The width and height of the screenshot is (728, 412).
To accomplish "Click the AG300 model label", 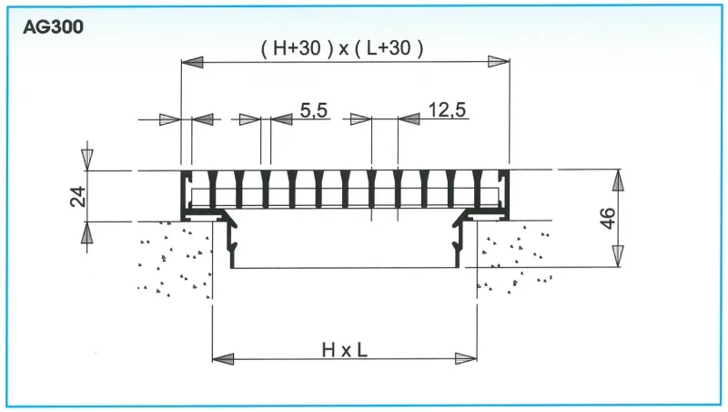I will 55,27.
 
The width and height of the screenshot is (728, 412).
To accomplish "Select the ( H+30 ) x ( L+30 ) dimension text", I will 342,49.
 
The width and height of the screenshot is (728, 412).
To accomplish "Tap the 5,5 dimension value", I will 313,111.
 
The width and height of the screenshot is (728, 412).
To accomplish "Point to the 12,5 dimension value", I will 446,111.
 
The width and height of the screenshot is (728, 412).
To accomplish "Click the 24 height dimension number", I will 78,196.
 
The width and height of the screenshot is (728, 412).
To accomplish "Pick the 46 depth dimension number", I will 609,218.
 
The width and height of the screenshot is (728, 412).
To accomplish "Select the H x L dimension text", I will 345,349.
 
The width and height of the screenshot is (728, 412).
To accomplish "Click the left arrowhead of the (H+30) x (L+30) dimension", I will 193,61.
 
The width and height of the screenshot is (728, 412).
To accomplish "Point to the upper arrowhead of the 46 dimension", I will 618,180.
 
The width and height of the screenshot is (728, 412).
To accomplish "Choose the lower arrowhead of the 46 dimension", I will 618,256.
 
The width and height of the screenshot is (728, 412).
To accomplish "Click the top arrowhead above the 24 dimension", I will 87,159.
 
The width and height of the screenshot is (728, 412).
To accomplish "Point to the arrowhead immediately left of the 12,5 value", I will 409,119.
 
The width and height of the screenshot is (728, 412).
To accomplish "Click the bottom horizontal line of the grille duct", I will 346,268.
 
